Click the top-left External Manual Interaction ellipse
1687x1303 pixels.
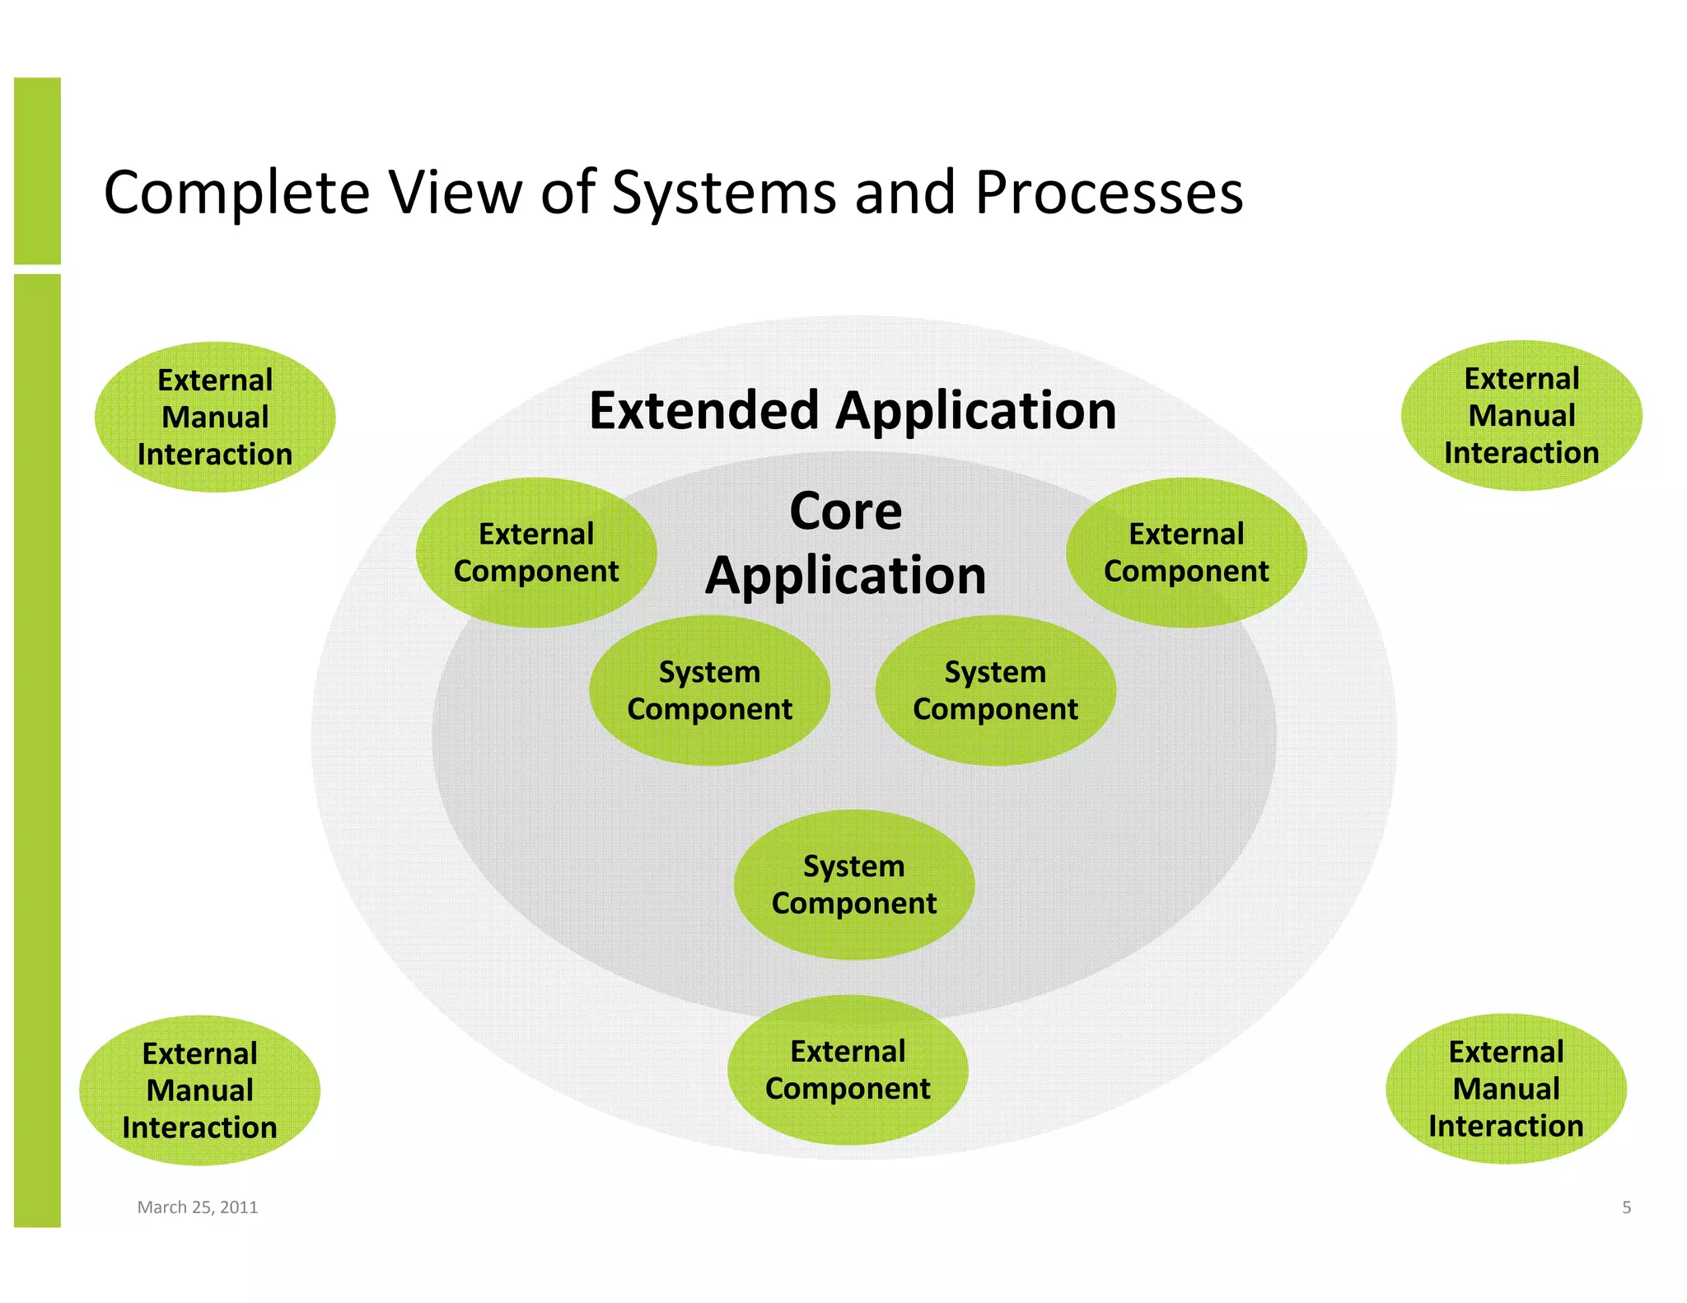coord(215,417)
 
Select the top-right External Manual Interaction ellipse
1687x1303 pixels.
coord(1521,415)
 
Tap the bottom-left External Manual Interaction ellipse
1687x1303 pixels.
coord(199,1090)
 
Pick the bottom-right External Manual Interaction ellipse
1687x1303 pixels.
coord(1506,1088)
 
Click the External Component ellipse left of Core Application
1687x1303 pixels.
coord(535,552)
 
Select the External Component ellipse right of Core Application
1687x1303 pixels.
coord(1186,552)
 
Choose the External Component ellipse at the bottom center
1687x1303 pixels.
coord(848,1069)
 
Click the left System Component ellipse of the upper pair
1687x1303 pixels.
coord(709,690)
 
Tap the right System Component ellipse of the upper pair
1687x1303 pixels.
coord(995,690)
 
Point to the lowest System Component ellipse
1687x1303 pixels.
coord(854,885)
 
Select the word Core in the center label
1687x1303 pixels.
coord(846,511)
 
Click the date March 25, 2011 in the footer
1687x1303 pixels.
coord(198,1207)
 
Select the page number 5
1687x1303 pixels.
coord(1626,1207)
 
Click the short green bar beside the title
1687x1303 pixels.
coord(37,170)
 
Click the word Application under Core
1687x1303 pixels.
coord(846,575)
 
